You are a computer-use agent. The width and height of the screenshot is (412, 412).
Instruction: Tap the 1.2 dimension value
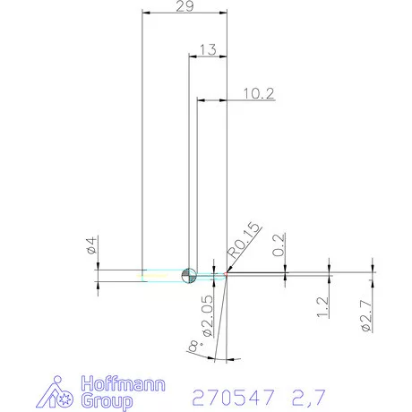pyautogui.click(x=323, y=309)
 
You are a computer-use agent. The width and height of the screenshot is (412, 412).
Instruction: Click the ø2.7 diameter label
pyautogui.click(x=365, y=316)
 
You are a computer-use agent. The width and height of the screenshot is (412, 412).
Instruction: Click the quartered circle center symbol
pyautogui.click(x=189, y=276)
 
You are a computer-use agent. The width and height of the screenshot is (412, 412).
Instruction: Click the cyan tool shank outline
pyautogui.click(x=166, y=276)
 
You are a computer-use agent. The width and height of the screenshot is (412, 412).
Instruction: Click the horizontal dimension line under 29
pyautogui.click(x=185, y=15)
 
